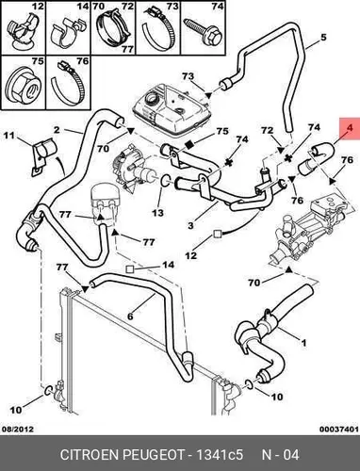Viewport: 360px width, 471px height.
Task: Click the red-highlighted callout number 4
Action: (350, 128)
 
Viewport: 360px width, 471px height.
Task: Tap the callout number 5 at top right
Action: (323, 38)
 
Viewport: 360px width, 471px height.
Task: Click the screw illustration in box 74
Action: (204, 32)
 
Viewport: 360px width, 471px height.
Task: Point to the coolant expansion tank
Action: (170, 107)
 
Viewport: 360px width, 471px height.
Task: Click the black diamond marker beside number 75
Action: (189, 144)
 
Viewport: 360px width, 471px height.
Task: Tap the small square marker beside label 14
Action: (130, 268)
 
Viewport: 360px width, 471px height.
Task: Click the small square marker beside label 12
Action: (217, 234)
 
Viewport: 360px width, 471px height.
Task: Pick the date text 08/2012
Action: (18, 429)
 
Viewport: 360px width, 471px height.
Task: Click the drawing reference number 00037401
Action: (339, 429)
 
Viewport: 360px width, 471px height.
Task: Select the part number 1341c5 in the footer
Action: (220, 454)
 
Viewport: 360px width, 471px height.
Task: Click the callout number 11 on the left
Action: (9, 136)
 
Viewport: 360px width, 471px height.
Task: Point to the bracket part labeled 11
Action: (42, 155)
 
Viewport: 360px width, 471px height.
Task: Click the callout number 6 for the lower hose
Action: (130, 316)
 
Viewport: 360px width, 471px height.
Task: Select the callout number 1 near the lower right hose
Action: (303, 343)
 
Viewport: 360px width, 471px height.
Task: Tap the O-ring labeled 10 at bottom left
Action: (48, 390)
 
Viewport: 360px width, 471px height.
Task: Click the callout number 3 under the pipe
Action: (190, 225)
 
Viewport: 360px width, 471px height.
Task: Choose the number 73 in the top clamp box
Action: (172, 7)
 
